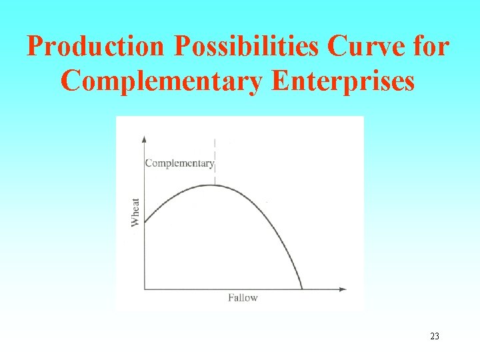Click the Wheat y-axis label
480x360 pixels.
click(x=136, y=212)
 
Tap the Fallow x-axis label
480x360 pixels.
click(x=243, y=297)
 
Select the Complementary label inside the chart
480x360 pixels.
click(x=179, y=163)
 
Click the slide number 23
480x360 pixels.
click(x=435, y=337)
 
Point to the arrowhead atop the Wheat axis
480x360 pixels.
click(x=145, y=138)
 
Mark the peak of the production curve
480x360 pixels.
click(x=214, y=185)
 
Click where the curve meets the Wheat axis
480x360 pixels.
click(x=145, y=222)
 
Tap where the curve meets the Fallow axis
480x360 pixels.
click(x=302, y=289)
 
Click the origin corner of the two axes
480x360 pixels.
click(x=145, y=289)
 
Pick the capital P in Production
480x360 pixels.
click(x=34, y=47)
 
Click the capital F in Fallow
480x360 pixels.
click(x=231, y=297)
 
